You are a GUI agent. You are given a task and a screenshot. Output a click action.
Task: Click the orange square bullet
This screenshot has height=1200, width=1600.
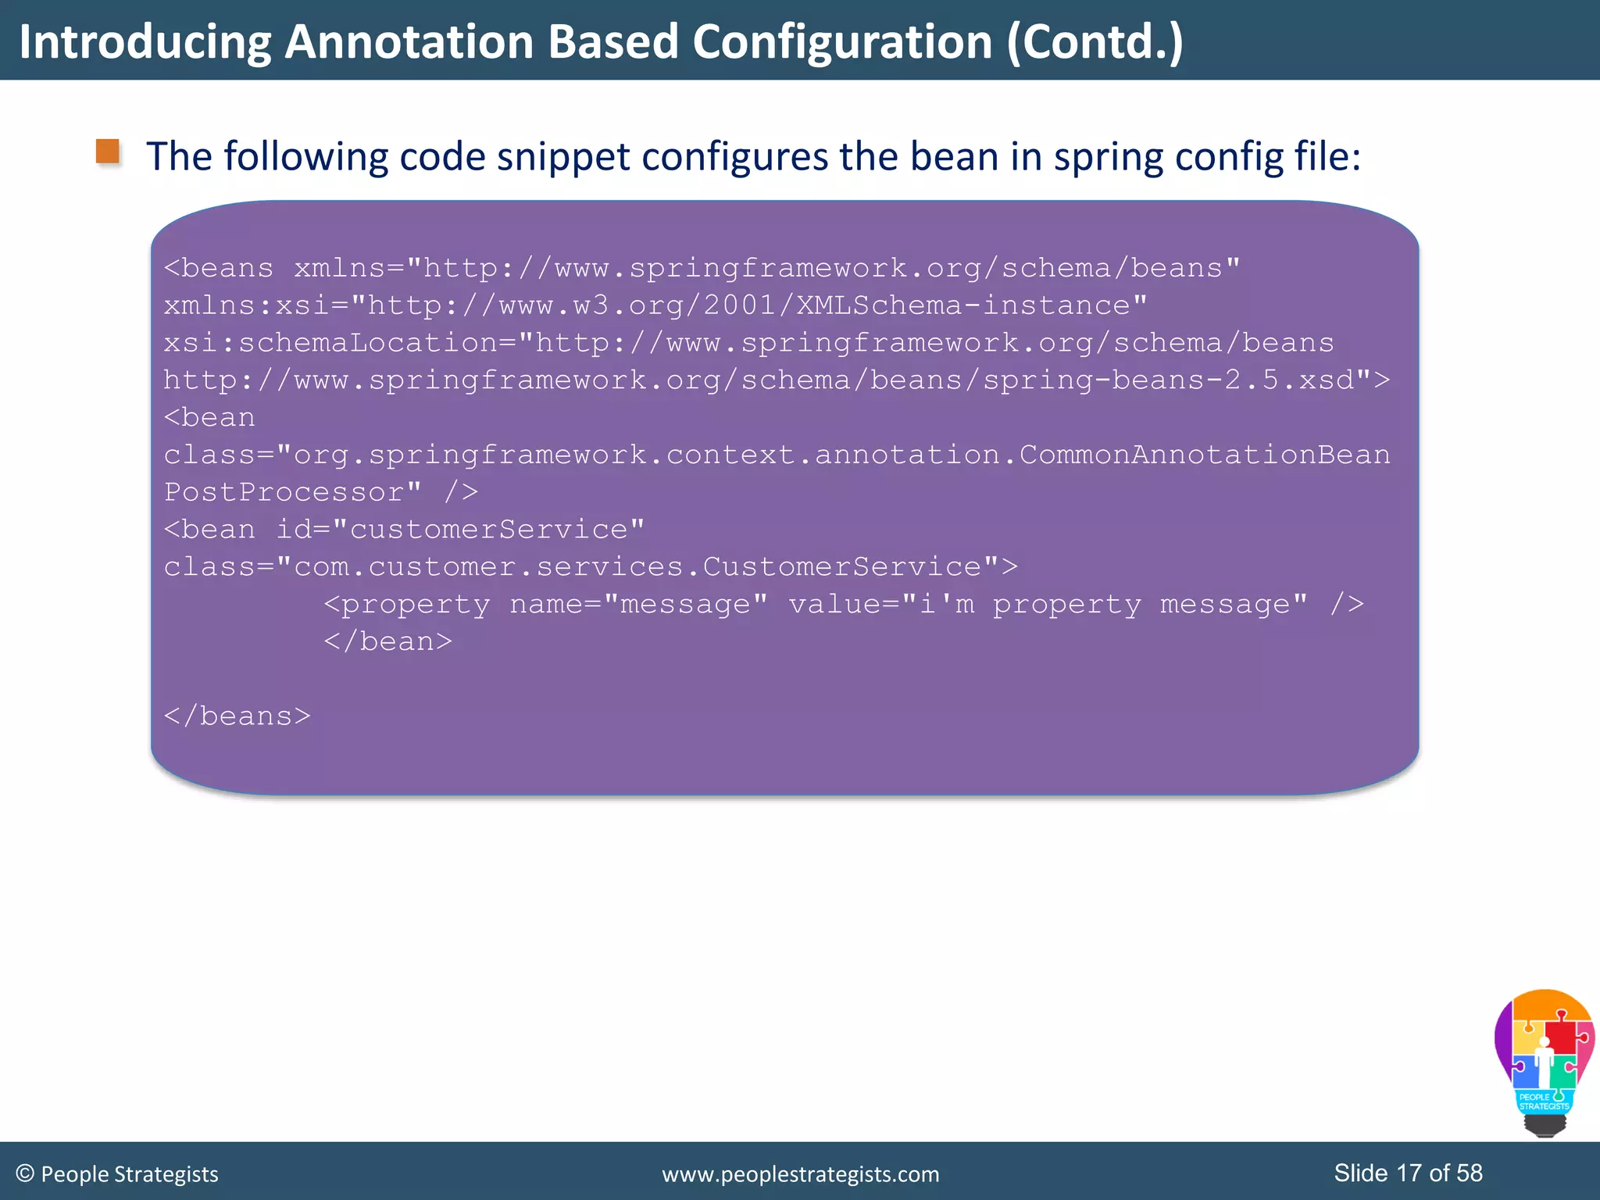[x=108, y=152]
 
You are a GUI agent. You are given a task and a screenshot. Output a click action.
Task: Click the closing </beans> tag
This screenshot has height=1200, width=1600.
[x=237, y=716]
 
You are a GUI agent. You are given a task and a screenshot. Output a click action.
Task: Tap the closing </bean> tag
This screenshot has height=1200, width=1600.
[x=388, y=641]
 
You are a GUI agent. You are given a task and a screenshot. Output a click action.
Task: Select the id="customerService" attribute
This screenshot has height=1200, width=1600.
[x=460, y=530]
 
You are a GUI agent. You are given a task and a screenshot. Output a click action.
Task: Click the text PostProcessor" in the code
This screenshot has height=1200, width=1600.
[x=293, y=492]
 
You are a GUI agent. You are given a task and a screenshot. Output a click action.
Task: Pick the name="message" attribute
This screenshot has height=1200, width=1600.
[x=638, y=604]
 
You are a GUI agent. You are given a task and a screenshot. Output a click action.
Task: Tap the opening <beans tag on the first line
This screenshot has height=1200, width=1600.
[x=219, y=268]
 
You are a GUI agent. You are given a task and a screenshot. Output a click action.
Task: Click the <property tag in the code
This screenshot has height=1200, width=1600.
[x=407, y=604]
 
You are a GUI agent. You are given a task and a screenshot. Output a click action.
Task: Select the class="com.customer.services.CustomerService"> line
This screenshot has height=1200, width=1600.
[x=591, y=566]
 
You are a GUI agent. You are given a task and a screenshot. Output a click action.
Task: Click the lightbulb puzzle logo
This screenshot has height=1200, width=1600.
[x=1544, y=1062]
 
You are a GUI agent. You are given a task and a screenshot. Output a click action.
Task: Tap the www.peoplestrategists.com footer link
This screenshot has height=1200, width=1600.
[x=800, y=1174]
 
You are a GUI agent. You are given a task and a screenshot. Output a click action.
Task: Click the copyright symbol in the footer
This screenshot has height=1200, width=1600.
[x=25, y=1173]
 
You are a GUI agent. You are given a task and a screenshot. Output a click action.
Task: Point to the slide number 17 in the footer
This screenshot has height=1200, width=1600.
[x=1409, y=1173]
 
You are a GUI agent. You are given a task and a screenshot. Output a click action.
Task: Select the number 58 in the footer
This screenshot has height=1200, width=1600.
[x=1470, y=1173]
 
